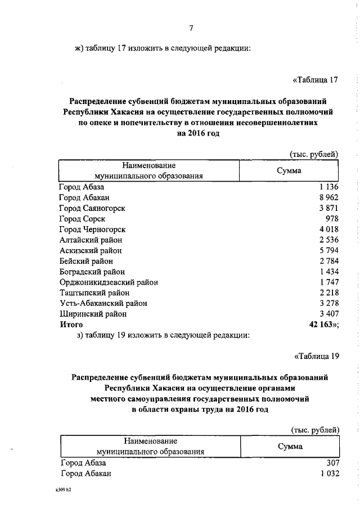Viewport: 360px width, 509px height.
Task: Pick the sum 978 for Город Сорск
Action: pos(332,219)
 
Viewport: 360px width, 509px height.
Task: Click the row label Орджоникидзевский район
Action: pos(109,282)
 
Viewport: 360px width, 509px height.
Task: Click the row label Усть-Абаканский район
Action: pos(103,304)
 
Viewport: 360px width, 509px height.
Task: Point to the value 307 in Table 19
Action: pos(332,463)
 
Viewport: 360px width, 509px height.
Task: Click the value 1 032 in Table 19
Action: pos(328,474)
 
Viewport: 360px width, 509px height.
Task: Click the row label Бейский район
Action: pos(86,261)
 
